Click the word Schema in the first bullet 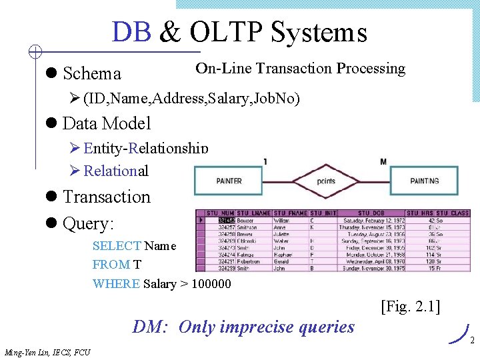tap(91, 73)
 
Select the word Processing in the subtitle tap(371, 69)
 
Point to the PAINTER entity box tap(229, 181)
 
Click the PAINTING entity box tap(424, 181)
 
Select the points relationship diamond tap(326, 181)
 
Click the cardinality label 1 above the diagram tap(265, 161)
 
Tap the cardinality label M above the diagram tap(383, 161)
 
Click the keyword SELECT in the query tap(117, 246)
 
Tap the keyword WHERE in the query tap(116, 283)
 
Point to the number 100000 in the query tap(211, 283)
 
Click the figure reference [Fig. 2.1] tap(410, 307)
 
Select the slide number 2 tap(471, 340)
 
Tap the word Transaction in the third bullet tap(107, 197)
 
